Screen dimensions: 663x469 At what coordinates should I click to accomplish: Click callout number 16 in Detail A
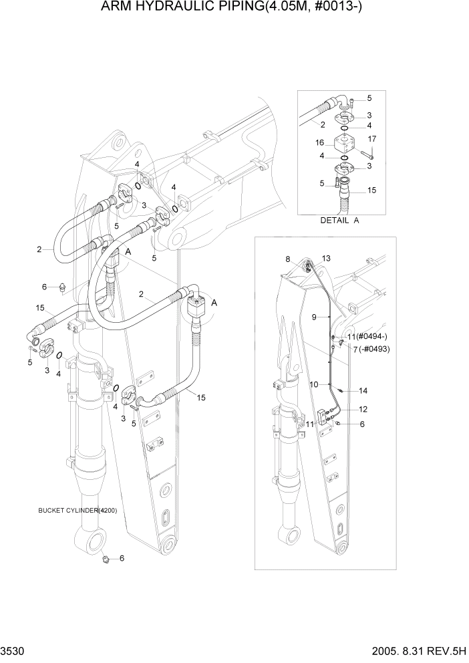tap(320, 142)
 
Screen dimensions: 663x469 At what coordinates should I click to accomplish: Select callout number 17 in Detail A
tap(372, 138)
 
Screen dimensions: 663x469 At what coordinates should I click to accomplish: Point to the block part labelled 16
tap(344, 145)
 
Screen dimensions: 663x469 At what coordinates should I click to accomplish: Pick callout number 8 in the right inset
tap(288, 259)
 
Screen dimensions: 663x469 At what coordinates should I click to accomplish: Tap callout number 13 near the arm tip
tap(327, 258)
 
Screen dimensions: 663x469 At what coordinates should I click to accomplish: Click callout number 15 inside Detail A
tap(372, 190)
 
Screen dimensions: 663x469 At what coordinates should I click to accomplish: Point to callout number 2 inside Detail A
tap(322, 124)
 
